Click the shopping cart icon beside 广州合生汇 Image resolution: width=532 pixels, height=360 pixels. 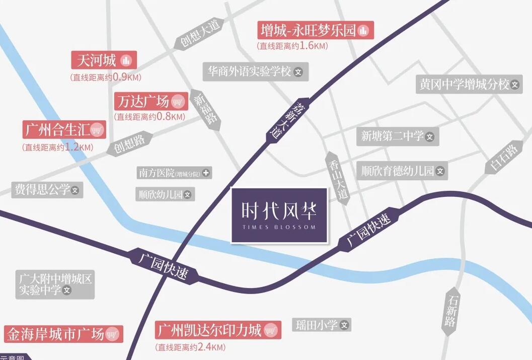tap(97, 130)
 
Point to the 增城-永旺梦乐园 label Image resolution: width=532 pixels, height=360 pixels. tap(316, 31)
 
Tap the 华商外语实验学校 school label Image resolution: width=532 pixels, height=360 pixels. tap(255, 71)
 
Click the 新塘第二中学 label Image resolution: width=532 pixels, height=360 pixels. tap(397, 136)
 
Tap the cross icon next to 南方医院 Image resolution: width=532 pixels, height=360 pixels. tap(205, 173)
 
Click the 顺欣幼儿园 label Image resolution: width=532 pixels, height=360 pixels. tap(165, 194)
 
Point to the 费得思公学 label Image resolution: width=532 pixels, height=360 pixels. tap(47, 190)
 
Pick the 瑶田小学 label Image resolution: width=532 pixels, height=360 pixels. tap(322, 325)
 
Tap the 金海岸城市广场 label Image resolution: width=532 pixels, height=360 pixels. tap(63, 334)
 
